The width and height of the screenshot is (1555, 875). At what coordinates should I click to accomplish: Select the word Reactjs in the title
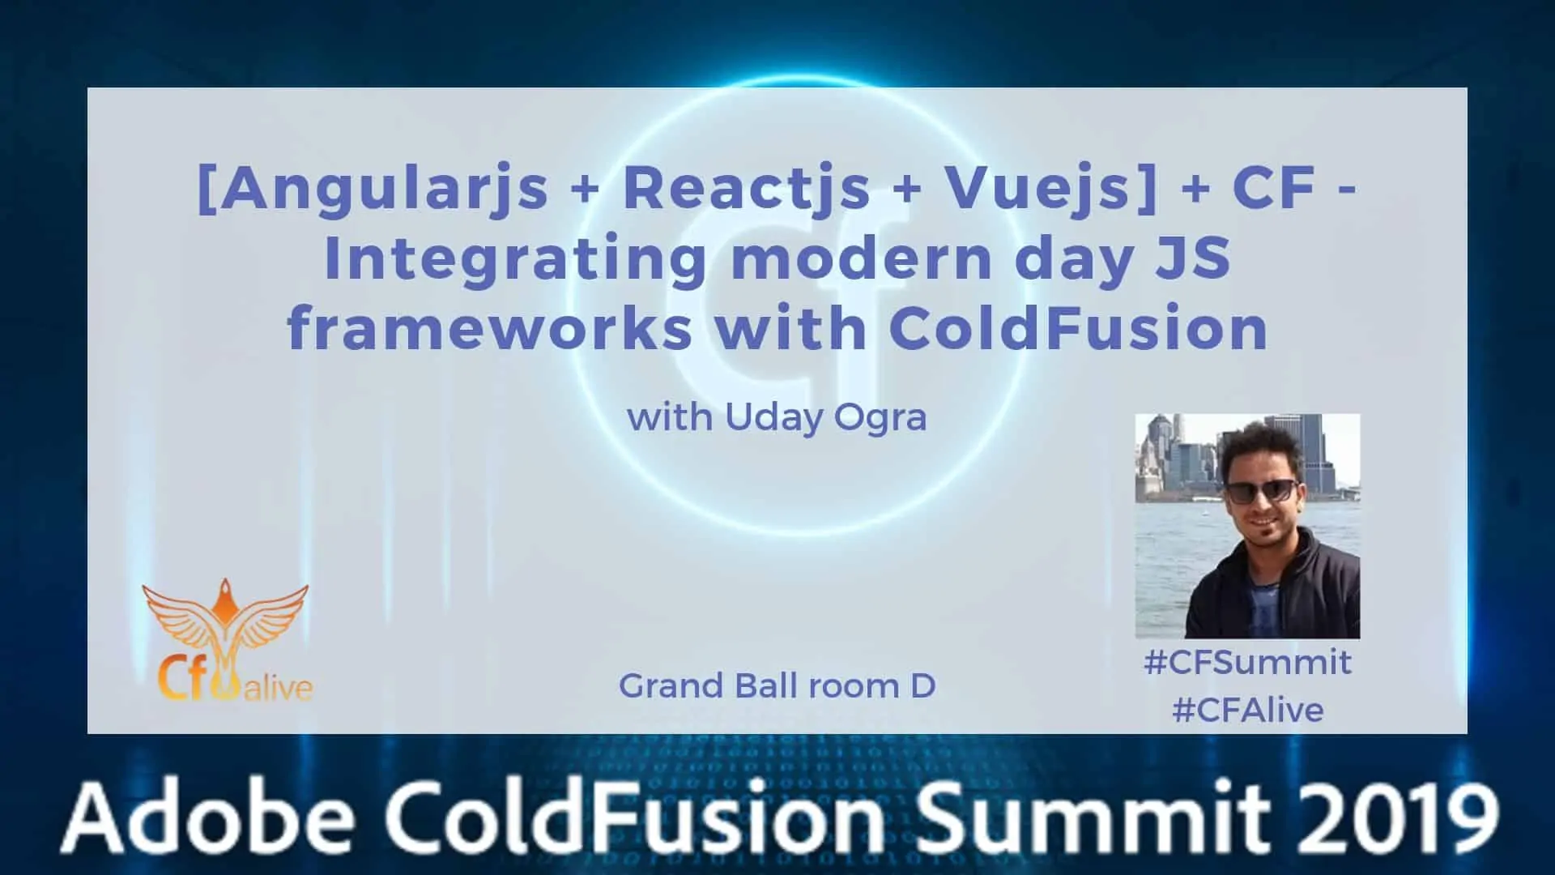coord(746,188)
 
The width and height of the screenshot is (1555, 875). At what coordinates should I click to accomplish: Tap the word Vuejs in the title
coord(1043,188)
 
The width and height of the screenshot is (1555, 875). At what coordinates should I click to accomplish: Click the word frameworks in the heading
coord(489,328)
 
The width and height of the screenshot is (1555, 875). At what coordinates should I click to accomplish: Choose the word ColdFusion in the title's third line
coord(1078,328)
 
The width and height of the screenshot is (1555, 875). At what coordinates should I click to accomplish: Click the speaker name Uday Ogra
coord(825,418)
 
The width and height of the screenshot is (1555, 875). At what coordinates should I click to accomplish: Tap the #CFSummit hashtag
coord(1247,663)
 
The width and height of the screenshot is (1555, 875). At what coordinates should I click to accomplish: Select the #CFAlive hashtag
coord(1247,711)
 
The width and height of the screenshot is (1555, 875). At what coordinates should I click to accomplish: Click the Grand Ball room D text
coord(777,686)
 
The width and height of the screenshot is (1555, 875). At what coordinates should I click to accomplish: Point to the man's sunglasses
coord(1260,490)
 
